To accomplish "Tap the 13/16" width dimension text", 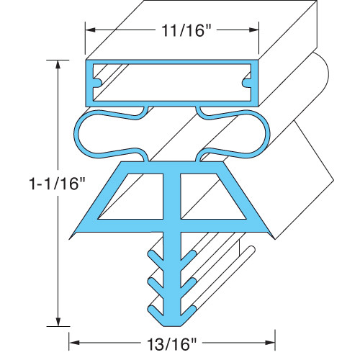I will (173, 343).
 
